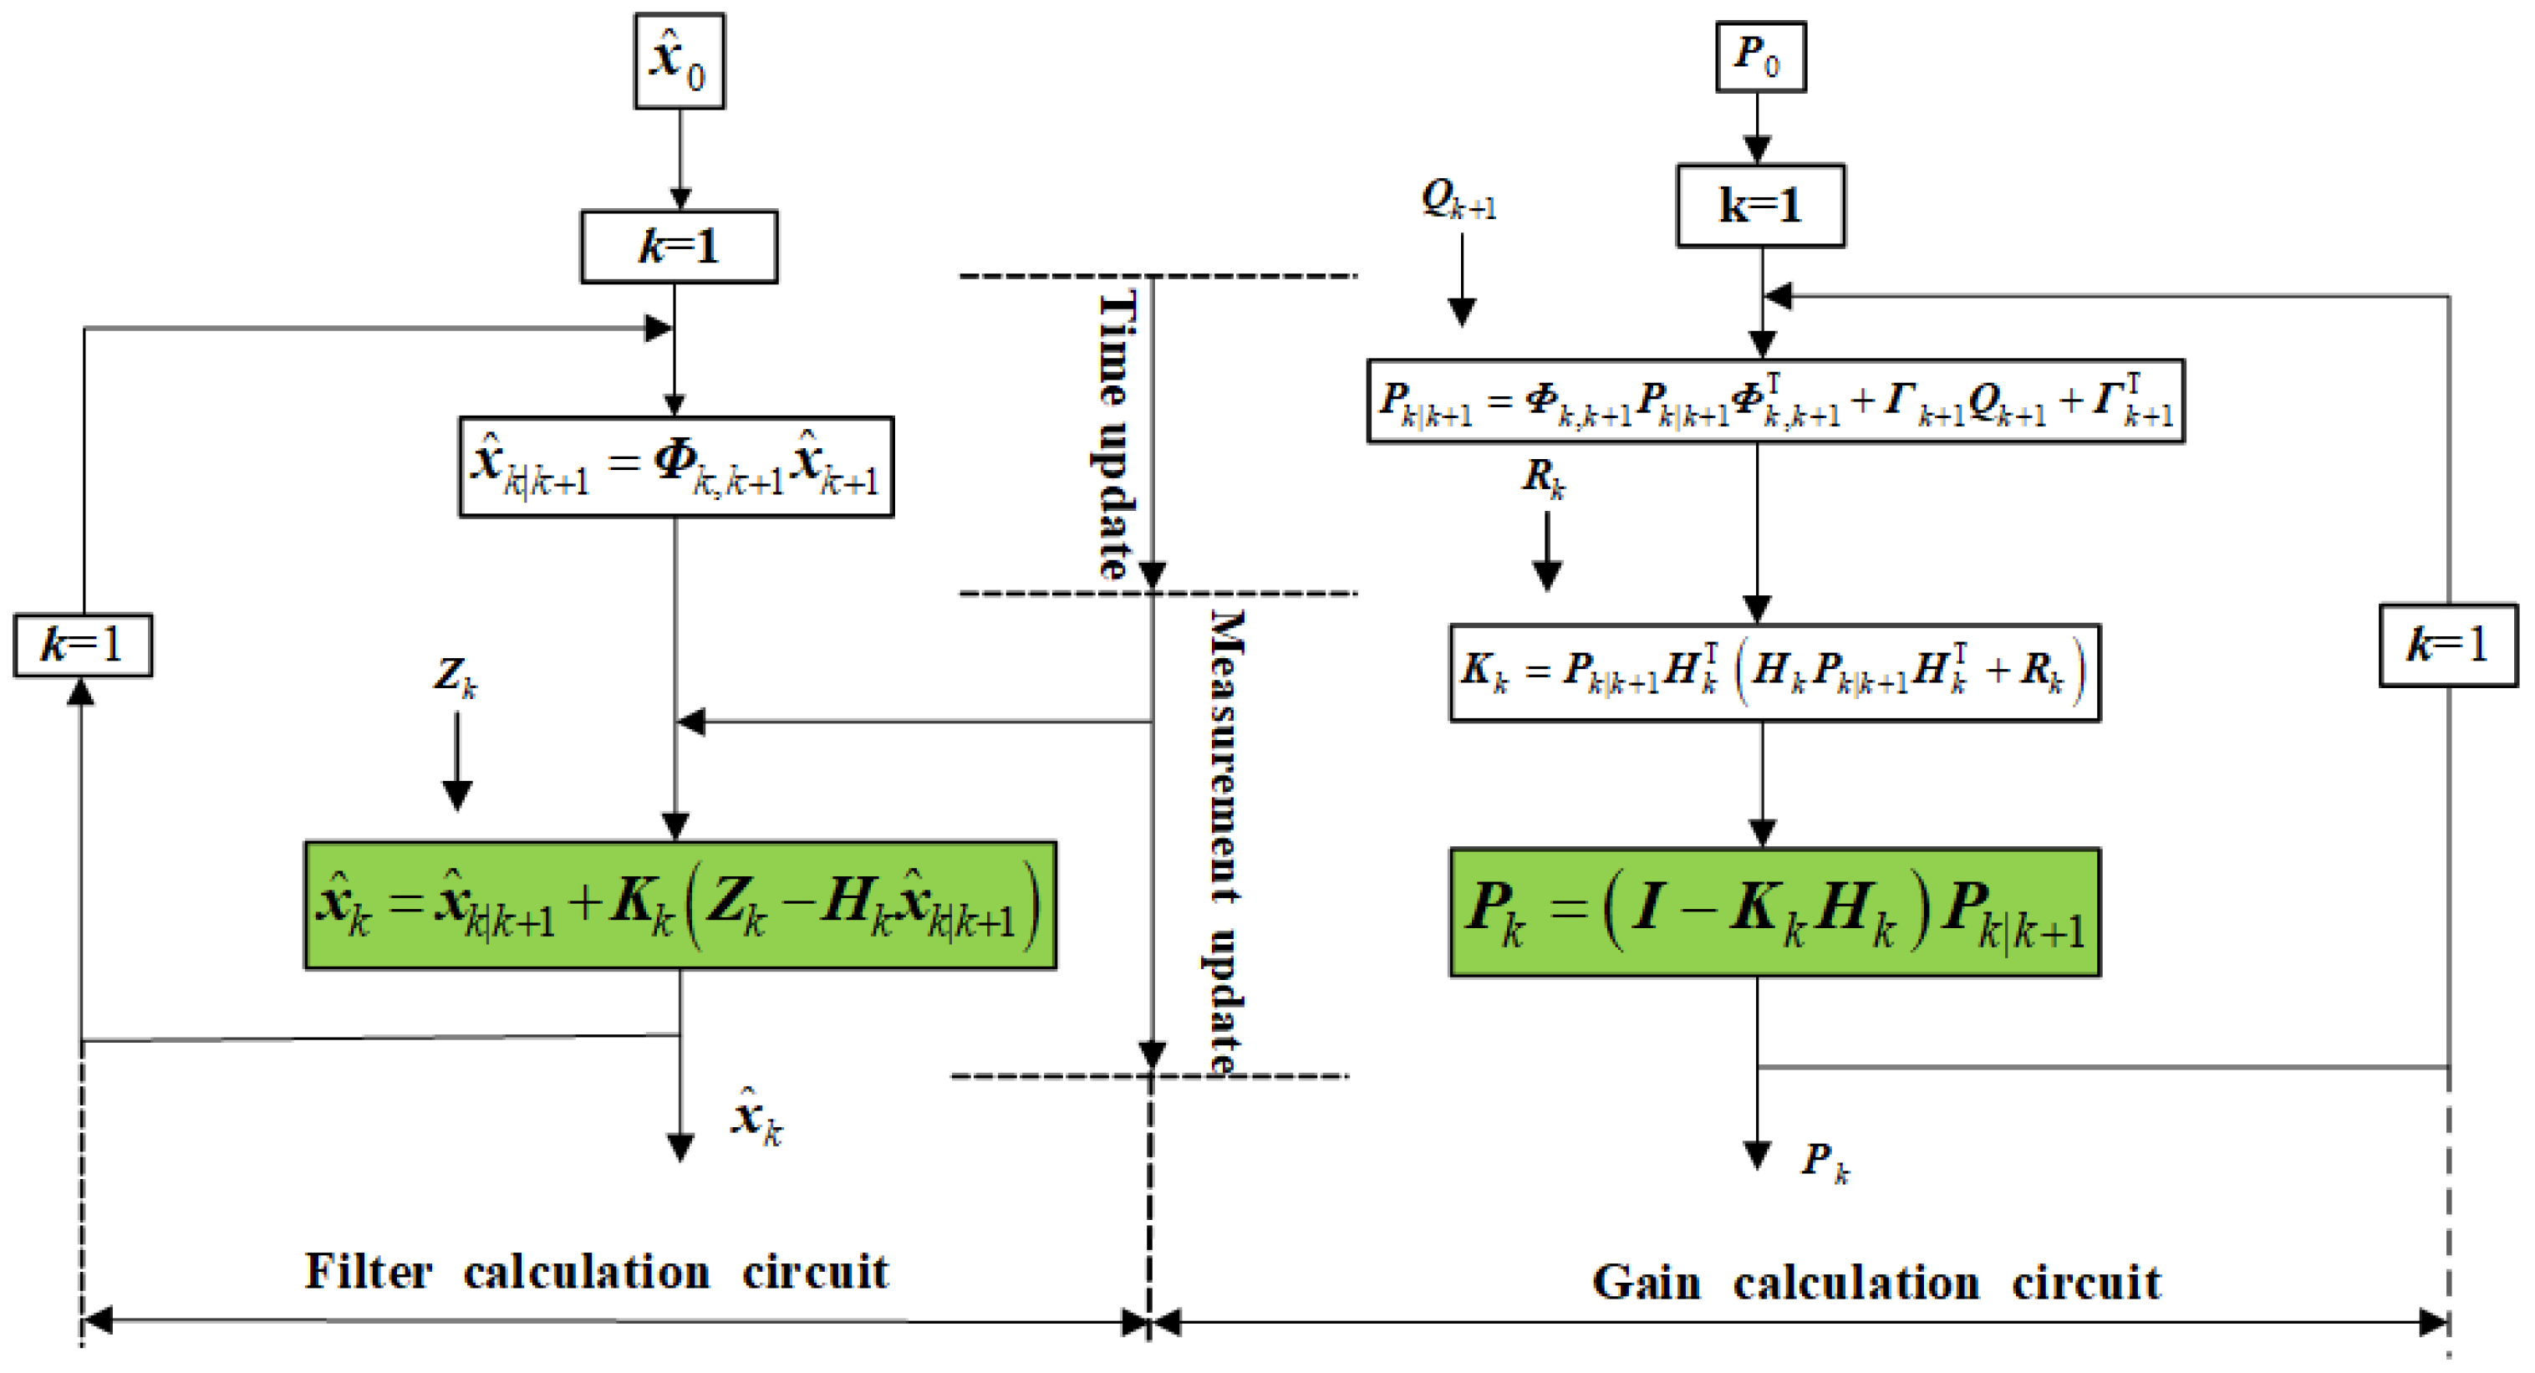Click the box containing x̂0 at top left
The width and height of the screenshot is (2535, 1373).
679,61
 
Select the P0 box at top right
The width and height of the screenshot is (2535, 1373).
1759,57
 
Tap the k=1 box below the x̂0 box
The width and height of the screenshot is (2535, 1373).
679,247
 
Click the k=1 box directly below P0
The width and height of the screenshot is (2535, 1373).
1759,206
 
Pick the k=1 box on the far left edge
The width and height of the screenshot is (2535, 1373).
83,646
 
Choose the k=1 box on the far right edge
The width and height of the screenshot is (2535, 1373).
2447,646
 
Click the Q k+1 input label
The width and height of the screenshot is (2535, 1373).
1458,201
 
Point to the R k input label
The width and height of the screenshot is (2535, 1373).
1543,478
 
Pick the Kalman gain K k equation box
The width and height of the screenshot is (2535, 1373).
1774,673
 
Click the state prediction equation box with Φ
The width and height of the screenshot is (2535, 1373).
676,467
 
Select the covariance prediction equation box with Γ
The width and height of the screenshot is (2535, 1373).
1774,401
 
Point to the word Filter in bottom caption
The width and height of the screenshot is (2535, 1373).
368,1272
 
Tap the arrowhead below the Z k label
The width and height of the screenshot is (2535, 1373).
456,794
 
